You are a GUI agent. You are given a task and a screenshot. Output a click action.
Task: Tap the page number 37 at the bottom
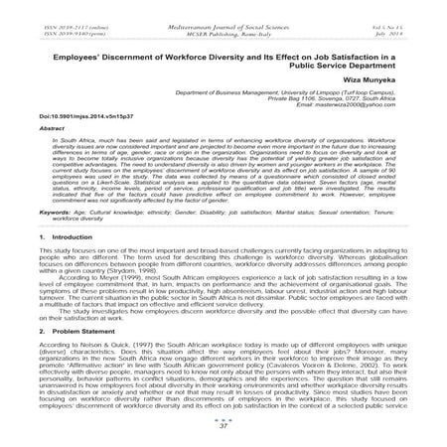(223, 432)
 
